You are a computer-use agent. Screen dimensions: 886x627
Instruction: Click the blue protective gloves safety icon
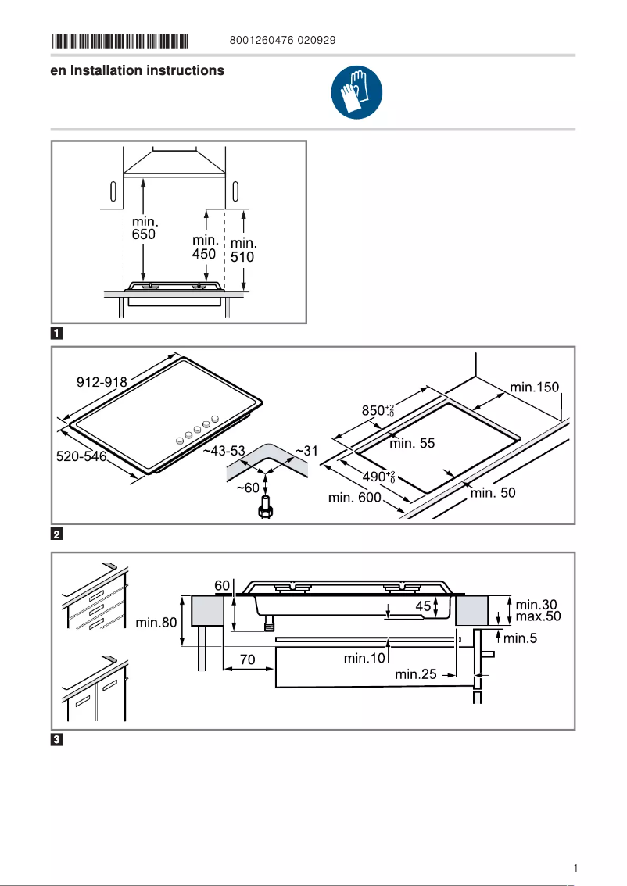356,92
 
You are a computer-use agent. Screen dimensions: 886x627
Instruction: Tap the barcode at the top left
120,40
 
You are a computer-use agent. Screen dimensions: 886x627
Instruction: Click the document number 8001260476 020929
283,40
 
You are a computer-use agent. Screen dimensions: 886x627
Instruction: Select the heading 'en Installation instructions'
138,70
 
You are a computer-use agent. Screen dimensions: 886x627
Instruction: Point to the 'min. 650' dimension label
144,229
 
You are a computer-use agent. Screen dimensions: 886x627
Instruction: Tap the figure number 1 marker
57,333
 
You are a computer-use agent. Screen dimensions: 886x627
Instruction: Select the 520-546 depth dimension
81,456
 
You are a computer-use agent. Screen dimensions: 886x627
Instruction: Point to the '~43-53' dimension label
224,452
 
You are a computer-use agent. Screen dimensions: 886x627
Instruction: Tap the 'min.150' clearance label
535,387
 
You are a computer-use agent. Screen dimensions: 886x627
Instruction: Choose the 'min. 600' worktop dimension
354,498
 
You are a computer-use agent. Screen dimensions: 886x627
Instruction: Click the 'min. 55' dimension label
412,443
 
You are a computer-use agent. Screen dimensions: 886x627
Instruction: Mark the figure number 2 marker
57,534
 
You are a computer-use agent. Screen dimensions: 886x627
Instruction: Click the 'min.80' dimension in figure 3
156,623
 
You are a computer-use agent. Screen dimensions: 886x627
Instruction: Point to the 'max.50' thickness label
538,616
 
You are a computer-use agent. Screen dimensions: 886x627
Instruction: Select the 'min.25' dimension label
416,674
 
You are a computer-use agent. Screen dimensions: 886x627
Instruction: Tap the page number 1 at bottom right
575,868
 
